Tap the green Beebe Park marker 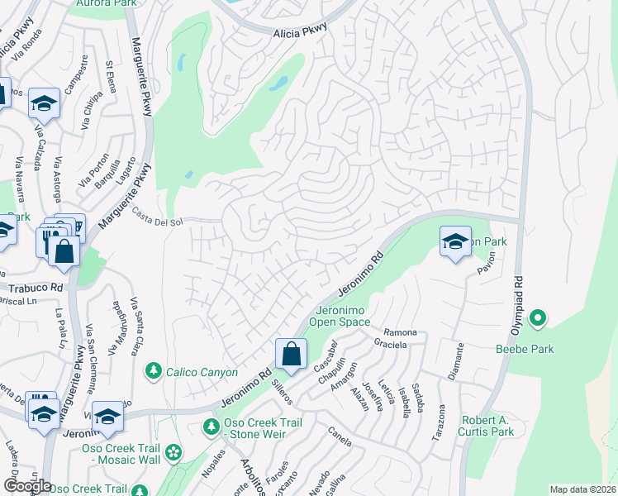pyautogui.click(x=538, y=317)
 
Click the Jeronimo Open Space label pyautogui.click(x=340, y=315)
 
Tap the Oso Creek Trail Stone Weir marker pyautogui.click(x=211, y=427)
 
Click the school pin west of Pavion pyautogui.click(x=454, y=241)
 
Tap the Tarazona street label pyautogui.click(x=442, y=420)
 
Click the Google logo pyautogui.click(x=26, y=485)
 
